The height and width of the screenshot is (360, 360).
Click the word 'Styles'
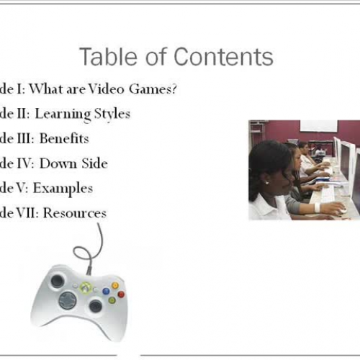point(112,114)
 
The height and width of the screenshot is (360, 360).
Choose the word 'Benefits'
point(64,138)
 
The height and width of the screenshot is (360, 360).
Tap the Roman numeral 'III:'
point(25,138)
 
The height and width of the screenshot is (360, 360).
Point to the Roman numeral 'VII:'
point(25,212)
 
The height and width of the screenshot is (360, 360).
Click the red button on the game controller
point(121,294)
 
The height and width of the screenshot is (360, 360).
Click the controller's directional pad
point(68,300)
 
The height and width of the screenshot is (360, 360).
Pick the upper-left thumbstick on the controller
point(58,281)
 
